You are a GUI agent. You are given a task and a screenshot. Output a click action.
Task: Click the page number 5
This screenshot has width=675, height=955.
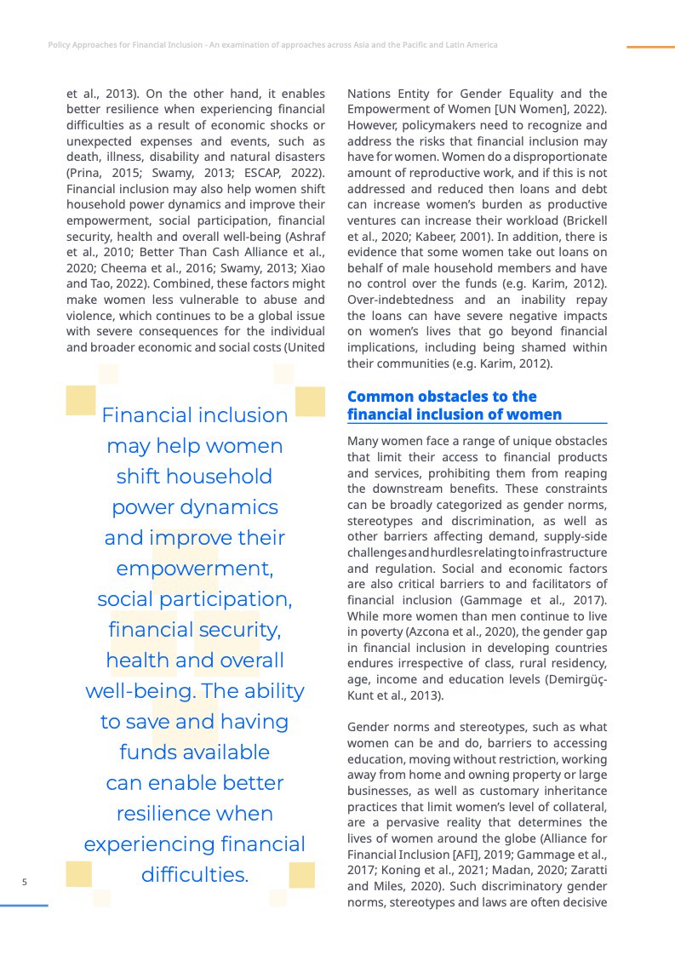click(x=25, y=882)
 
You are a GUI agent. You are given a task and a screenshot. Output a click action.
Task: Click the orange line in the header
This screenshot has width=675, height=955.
click(x=650, y=47)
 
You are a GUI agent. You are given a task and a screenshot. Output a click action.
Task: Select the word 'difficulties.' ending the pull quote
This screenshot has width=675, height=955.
click(x=195, y=874)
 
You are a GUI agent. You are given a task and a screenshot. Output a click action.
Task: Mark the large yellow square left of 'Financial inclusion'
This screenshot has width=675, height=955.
click(x=81, y=400)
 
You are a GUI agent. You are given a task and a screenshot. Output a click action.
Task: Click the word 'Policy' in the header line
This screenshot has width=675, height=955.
click(x=59, y=44)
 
